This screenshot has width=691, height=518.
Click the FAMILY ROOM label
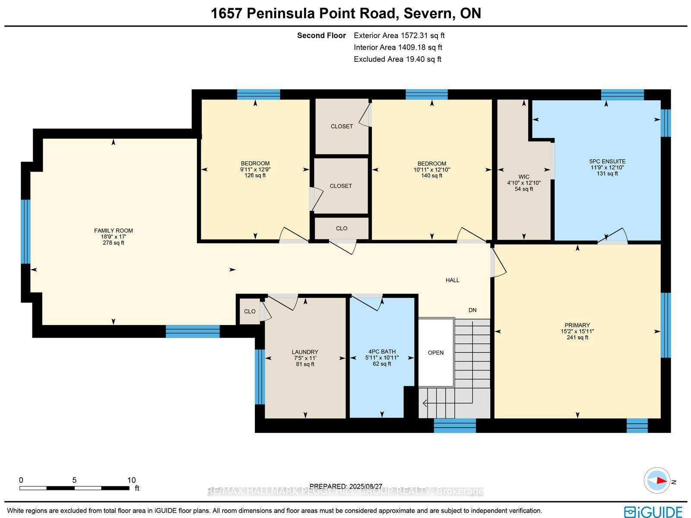[x=113, y=230]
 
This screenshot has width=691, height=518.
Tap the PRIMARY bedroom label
[x=577, y=325]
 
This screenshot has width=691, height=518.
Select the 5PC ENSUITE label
[x=607, y=161]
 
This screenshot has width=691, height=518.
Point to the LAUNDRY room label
[x=305, y=352]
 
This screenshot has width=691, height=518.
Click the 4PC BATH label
[x=382, y=352]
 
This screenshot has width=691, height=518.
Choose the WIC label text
[x=524, y=177]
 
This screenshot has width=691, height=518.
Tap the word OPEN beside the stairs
[x=436, y=352]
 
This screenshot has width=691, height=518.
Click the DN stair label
[x=472, y=310]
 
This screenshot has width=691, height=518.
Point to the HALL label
[x=452, y=280]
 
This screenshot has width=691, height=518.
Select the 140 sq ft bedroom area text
[x=431, y=176]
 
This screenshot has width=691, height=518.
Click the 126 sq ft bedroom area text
[x=255, y=175]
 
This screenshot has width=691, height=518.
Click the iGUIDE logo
[x=653, y=512]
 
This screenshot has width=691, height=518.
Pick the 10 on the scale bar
[x=131, y=480]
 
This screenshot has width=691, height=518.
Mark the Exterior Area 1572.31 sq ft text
[x=399, y=35]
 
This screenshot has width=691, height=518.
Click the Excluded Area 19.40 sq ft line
[x=398, y=59]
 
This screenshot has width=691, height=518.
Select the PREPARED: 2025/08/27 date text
[x=345, y=486]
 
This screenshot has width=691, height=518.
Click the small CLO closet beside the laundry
[x=250, y=311]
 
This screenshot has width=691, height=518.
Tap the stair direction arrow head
[x=425, y=403]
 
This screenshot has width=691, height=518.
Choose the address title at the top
[x=345, y=13]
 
